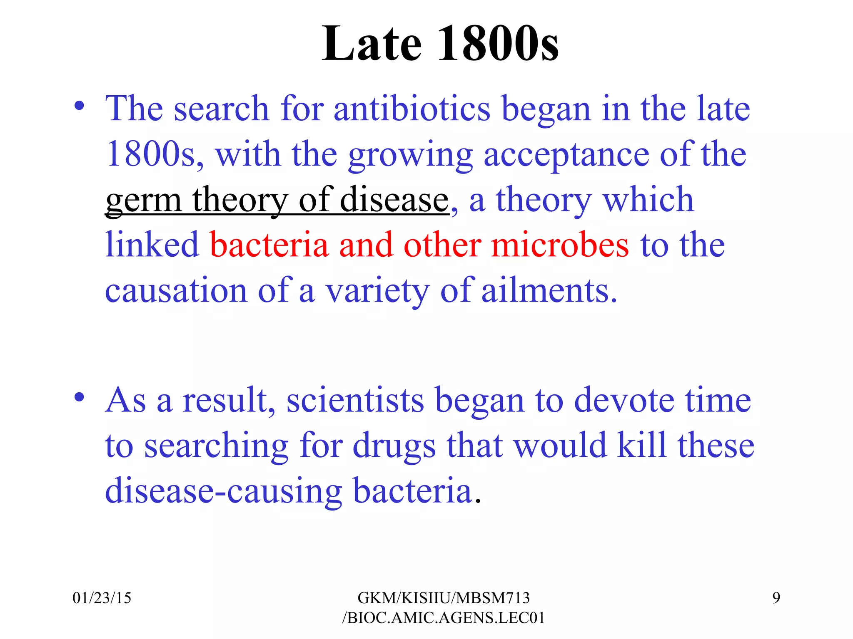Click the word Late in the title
(x=372, y=44)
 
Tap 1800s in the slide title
(x=498, y=44)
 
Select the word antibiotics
(x=412, y=109)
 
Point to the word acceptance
(x=566, y=155)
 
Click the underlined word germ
(x=143, y=201)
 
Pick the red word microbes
(x=560, y=245)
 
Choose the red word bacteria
(x=269, y=245)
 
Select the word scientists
(x=355, y=400)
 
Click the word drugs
(x=394, y=446)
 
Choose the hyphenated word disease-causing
(x=223, y=491)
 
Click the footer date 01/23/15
(x=102, y=598)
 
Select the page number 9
(x=776, y=598)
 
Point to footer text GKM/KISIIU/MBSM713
(x=444, y=598)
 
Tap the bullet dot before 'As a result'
(x=79, y=397)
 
